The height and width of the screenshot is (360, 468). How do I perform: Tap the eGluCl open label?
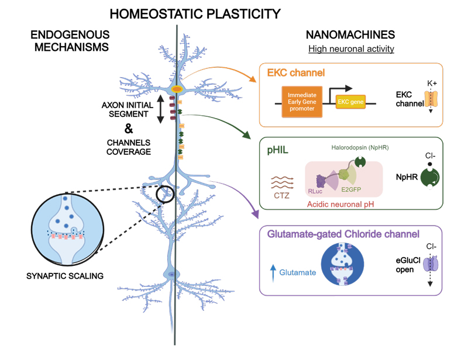[404, 266]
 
